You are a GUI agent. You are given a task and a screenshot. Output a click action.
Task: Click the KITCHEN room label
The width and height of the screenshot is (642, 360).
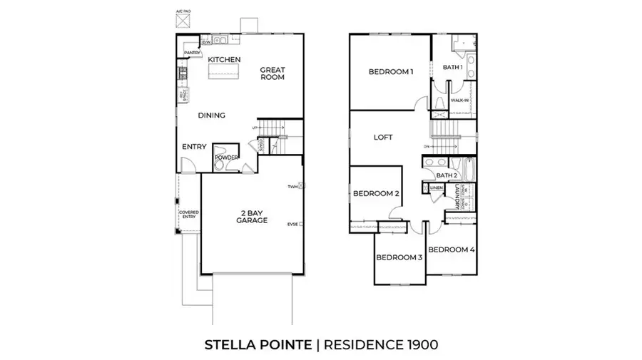coord(224,59)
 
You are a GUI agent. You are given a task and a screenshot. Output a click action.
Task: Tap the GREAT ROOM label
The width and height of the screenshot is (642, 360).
coord(272,73)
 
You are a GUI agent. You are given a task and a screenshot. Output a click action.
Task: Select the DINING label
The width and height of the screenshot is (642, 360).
coord(212,115)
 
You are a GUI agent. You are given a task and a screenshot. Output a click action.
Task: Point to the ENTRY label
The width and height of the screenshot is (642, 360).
coord(194,147)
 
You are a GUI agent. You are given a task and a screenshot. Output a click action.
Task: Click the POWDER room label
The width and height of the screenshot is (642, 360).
coord(226,158)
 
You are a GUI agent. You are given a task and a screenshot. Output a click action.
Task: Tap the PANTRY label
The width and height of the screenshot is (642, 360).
coord(191,53)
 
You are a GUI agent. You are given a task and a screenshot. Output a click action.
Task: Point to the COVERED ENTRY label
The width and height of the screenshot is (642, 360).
coord(188,215)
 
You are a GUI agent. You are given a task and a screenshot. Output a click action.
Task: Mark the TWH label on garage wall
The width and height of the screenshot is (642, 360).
coord(292,186)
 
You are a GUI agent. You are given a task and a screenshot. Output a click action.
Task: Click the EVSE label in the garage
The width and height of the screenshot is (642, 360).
coord(292,224)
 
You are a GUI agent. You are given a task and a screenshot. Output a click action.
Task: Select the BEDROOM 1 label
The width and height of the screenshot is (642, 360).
coord(390,72)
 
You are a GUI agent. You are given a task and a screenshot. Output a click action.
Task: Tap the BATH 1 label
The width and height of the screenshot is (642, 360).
coord(453,67)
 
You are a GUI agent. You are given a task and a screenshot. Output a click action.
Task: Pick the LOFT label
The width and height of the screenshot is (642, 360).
coord(383,138)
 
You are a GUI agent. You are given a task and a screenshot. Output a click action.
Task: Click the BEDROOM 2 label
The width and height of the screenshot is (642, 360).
coord(376,193)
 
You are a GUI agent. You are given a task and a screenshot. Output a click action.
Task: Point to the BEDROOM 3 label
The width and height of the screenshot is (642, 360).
coord(399,257)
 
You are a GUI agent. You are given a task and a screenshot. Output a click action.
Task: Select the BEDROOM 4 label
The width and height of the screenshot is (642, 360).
coord(452,250)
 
